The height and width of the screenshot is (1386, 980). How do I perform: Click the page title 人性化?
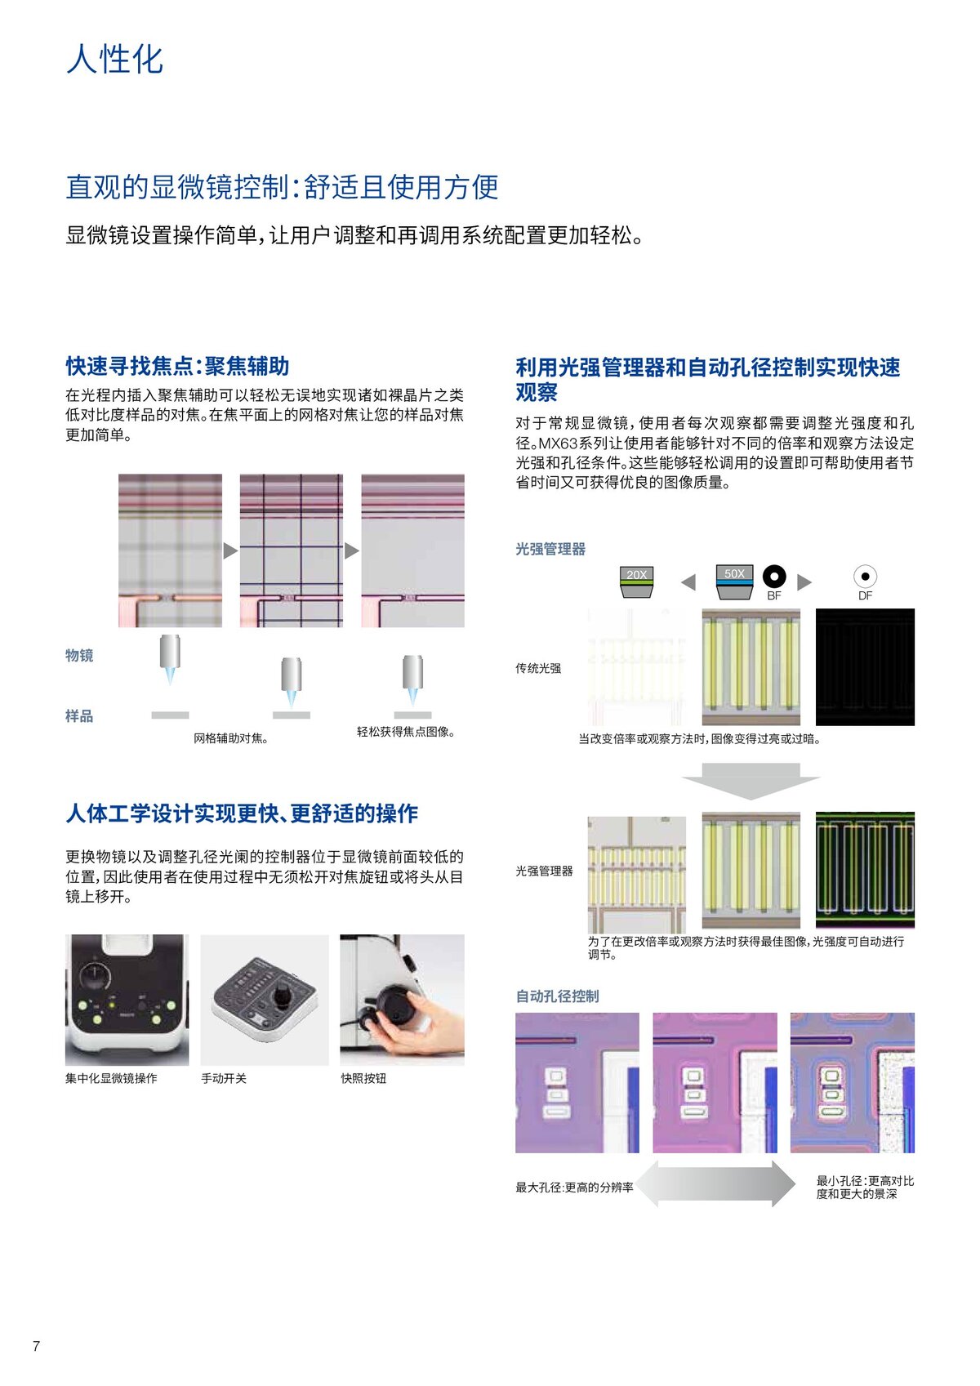pos(114,60)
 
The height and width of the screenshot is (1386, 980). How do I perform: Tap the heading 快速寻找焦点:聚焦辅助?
pos(177,366)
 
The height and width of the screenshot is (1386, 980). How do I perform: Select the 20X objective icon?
pos(636,581)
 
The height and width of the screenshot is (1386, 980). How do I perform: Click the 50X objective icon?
pos(733,580)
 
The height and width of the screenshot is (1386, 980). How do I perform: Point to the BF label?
pos(774,596)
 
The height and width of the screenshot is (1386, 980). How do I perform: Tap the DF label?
pos(865,596)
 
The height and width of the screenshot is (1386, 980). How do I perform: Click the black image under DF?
pos(865,666)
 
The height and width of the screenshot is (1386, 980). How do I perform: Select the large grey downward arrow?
pos(751,780)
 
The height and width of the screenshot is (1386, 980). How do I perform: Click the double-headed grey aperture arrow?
pos(715,1183)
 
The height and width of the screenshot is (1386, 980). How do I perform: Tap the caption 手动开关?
pos(224,1079)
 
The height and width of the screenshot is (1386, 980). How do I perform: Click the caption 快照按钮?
pos(363,1079)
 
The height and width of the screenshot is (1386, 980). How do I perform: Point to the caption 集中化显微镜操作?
pos(111,1079)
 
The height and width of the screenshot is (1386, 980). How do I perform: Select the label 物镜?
pos(79,655)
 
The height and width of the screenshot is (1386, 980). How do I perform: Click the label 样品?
pos(79,716)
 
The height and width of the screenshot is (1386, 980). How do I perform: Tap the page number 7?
pos(36,1346)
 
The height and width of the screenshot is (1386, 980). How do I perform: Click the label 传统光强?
pos(538,668)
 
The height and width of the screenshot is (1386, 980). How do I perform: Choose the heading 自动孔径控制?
pos(557,996)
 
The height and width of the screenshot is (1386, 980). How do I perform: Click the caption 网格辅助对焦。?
pos(231,738)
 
